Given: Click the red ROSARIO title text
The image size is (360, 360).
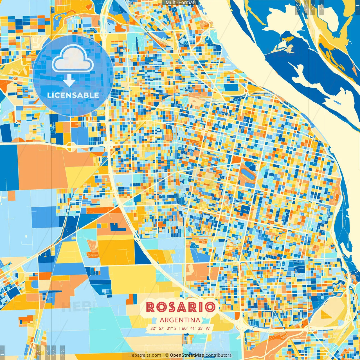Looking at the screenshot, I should pos(180,307).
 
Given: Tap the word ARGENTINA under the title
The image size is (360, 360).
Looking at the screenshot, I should pos(180,320).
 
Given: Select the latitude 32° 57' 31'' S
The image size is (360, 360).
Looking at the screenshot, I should pos(163,328).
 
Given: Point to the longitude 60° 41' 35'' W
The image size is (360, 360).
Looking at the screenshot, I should pos(196,328).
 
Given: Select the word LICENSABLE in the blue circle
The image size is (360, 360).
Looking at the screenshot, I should pos(73,95).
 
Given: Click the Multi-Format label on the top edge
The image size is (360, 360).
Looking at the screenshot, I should pos(180,3).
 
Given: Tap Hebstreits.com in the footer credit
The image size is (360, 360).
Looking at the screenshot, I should pos(145,355).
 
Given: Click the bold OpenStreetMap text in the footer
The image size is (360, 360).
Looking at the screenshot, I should pos(187,355).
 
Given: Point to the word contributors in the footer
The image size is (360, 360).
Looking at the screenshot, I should pos(219,355).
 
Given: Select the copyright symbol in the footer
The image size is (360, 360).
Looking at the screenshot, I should pos(167,355).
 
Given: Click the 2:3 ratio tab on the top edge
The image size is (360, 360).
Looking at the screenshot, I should pos(298,7).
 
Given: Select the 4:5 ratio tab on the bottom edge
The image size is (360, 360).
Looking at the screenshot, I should pos(38,352).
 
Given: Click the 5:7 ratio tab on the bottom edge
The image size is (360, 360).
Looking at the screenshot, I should pos(54,352).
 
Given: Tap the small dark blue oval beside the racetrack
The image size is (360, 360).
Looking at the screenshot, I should pos(248,164).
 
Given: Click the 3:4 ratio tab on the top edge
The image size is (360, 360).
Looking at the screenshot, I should pos(313,7).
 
